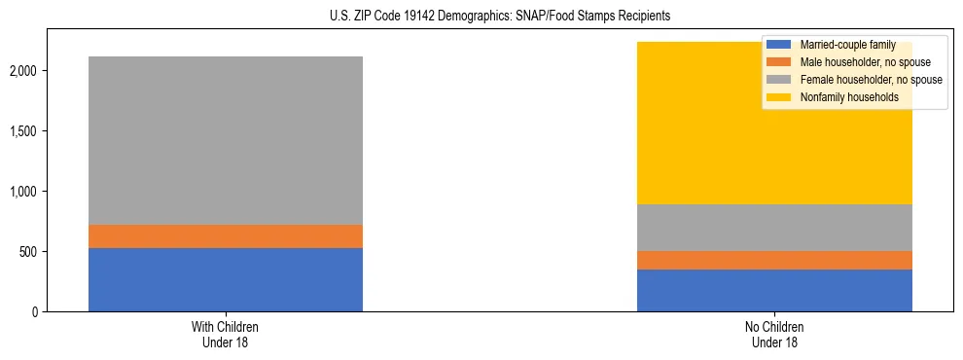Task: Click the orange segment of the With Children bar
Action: (226, 236)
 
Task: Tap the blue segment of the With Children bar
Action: (226, 279)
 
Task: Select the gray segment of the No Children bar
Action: (774, 228)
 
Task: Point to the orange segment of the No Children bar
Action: (774, 260)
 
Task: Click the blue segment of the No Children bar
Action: (774, 290)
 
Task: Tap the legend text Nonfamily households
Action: (842, 97)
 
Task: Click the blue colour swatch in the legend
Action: (779, 45)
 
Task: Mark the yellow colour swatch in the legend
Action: (779, 97)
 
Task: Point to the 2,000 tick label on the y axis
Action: (23, 71)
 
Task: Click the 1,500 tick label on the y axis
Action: (23, 131)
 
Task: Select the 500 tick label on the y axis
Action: (29, 252)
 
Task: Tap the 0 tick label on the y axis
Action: (35, 312)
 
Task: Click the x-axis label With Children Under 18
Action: (226, 335)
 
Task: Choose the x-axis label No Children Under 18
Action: (774, 335)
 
